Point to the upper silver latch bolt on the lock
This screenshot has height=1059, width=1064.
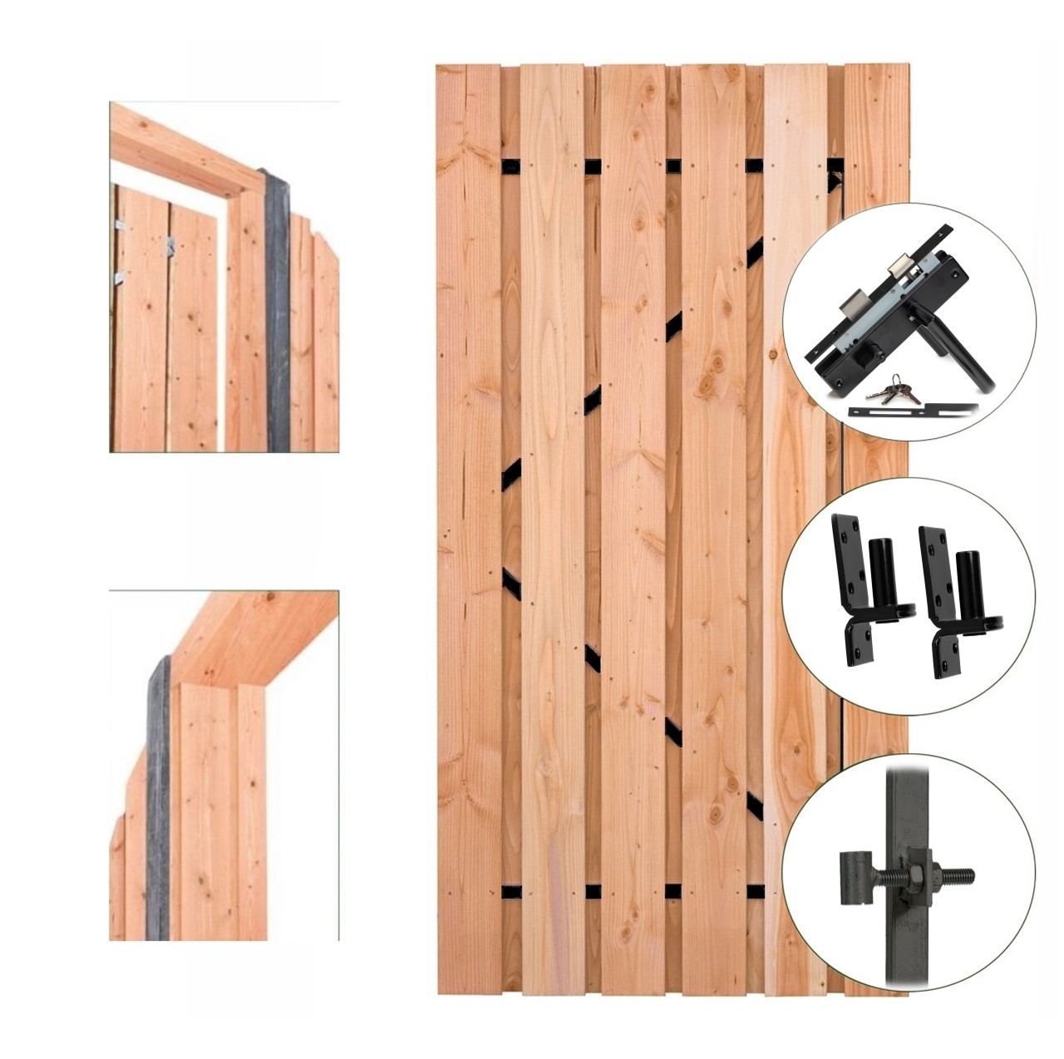(x=899, y=267)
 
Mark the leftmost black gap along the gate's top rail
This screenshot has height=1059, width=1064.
(x=512, y=165)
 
